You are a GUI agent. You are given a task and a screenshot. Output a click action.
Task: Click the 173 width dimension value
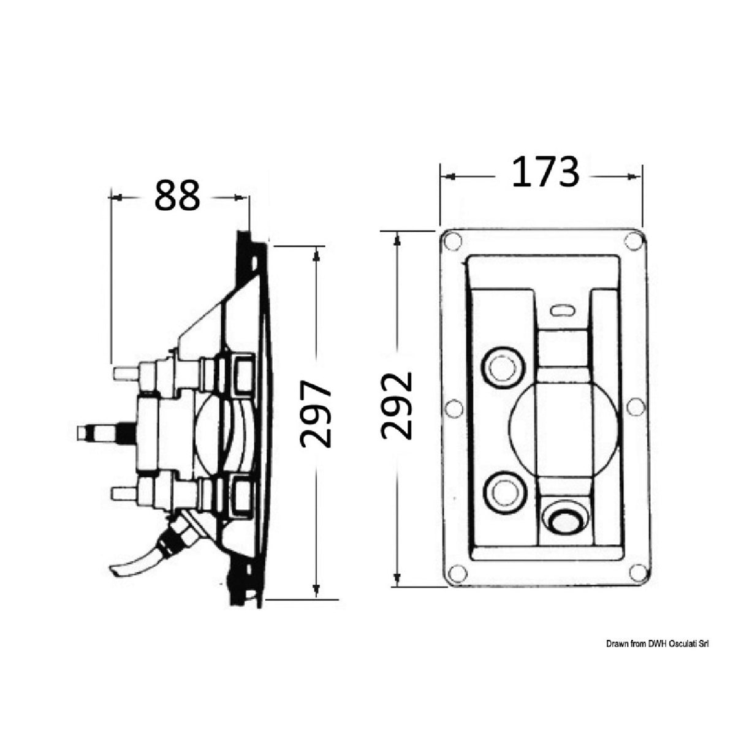pos(545,172)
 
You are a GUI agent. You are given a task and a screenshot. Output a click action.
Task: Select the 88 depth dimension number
pos(177,195)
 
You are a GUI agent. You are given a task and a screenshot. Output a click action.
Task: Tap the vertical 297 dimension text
pos(316,414)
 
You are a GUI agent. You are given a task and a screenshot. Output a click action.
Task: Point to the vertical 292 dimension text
pos(397,406)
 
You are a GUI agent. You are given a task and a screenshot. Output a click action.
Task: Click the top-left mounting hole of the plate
pos(452,241)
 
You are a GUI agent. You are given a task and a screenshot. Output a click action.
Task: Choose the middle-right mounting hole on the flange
pos(636,407)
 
